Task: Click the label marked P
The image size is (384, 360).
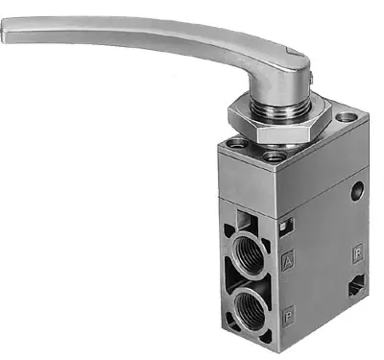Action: coord(289,313)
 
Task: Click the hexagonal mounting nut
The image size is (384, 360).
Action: coord(279,120)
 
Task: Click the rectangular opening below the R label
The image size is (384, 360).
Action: coord(357,285)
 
